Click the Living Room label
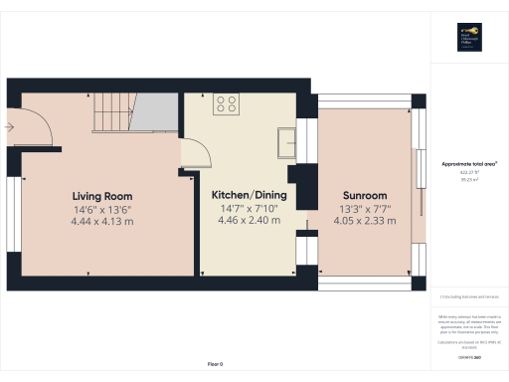(x=101, y=196)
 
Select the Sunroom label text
(x=366, y=196)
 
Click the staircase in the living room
(x=110, y=113)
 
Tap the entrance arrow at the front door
(x=9, y=126)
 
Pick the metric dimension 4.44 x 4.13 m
(x=101, y=221)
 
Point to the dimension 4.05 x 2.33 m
(x=366, y=221)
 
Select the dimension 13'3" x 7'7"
(x=366, y=209)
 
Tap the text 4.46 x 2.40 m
(x=249, y=221)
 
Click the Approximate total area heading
(x=469, y=163)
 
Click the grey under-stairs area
(x=155, y=113)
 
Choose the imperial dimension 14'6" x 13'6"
(x=101, y=209)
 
